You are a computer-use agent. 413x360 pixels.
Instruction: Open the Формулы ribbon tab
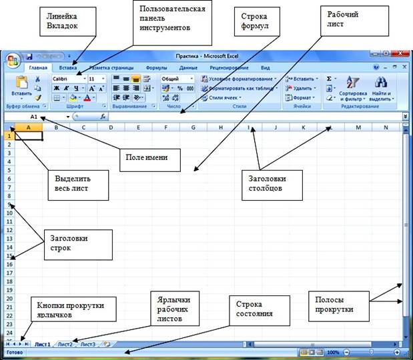(156, 67)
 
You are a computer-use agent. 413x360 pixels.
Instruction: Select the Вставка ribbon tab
(67, 67)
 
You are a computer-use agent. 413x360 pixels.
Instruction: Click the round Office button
(12, 61)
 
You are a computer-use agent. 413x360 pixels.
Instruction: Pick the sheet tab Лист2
(65, 344)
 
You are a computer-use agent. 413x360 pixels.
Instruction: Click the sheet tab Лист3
(87, 344)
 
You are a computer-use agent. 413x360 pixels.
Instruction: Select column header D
(110, 127)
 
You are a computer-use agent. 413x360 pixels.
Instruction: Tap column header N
(386, 127)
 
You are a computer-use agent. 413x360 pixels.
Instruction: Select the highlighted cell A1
(29, 135)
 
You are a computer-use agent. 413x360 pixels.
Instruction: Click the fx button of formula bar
(103, 116)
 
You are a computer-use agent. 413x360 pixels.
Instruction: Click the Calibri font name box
(67, 79)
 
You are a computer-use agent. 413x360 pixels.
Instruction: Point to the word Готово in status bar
(15, 352)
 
